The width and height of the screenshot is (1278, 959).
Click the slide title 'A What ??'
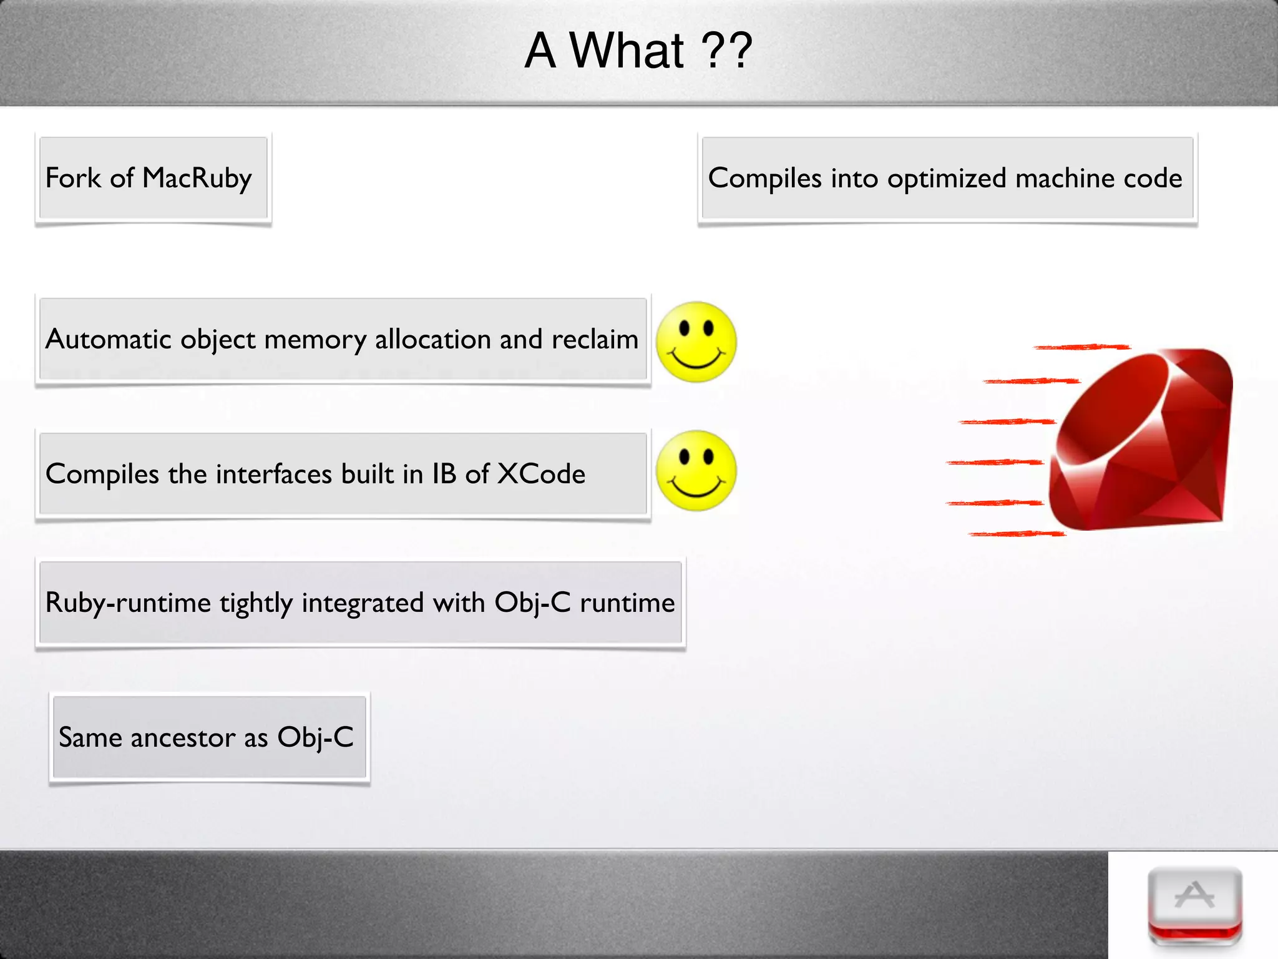tap(638, 51)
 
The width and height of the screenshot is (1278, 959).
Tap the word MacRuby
tap(197, 179)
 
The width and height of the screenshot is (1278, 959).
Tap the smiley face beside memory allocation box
tap(696, 342)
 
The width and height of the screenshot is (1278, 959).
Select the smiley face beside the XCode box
tap(696, 471)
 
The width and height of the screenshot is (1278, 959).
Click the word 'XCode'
tap(541, 475)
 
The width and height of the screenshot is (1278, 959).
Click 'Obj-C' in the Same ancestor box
tap(315, 738)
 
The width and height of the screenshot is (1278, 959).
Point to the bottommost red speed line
tap(1017, 534)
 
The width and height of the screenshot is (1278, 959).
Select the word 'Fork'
tap(73, 179)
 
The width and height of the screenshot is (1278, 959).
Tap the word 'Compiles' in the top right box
tap(764, 179)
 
